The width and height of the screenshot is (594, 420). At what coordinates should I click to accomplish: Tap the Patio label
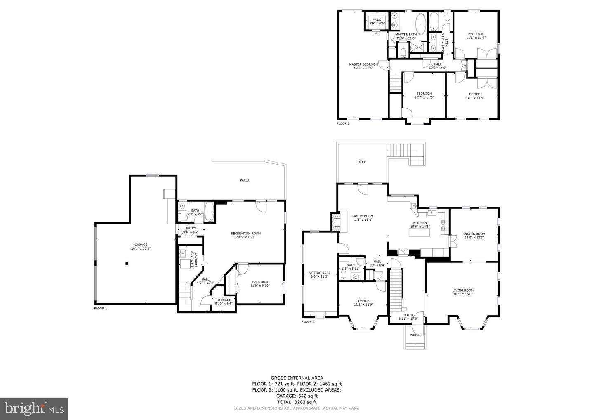[245, 180]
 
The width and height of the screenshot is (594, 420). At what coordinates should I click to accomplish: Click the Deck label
[362, 162]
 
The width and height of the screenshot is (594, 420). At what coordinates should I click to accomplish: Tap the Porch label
[415, 335]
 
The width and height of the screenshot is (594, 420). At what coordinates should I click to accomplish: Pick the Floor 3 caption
[343, 123]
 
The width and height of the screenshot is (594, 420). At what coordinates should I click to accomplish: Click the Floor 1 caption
[100, 309]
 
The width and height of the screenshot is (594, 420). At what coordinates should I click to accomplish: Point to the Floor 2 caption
[308, 322]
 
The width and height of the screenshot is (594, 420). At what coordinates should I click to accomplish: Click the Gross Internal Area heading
[297, 378]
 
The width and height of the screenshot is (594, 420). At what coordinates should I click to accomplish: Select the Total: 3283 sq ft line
[297, 402]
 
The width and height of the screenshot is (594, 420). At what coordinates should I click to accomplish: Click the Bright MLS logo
[34, 408]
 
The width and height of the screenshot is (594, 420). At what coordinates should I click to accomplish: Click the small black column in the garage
[127, 263]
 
